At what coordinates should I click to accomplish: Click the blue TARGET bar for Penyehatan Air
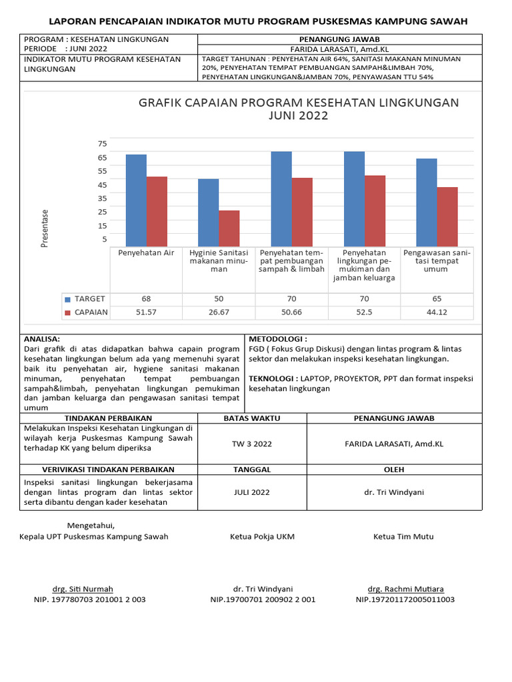point(136,200)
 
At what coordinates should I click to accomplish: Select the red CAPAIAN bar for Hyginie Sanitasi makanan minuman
point(229,228)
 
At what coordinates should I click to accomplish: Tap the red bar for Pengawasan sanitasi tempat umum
point(447,216)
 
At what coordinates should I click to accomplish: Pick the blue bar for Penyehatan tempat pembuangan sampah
point(281,198)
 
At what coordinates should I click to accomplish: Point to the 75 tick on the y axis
point(102,144)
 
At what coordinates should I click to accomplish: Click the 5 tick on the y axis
point(104,239)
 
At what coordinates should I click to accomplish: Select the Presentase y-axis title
point(45,228)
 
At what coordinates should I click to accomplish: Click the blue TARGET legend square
point(67,299)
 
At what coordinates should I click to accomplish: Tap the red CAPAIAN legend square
point(67,312)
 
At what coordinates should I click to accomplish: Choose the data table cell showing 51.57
point(146,312)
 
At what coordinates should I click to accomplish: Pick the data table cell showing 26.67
point(219,312)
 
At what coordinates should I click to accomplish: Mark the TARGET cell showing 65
point(437,299)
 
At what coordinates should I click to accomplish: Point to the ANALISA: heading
point(41,339)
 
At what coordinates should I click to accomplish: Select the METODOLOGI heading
point(277,339)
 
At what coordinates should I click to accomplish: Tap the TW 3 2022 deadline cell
point(252,444)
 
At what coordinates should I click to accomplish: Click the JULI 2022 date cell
point(252,492)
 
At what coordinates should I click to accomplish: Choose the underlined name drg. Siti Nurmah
point(83,589)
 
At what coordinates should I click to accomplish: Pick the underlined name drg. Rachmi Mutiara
point(405,589)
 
